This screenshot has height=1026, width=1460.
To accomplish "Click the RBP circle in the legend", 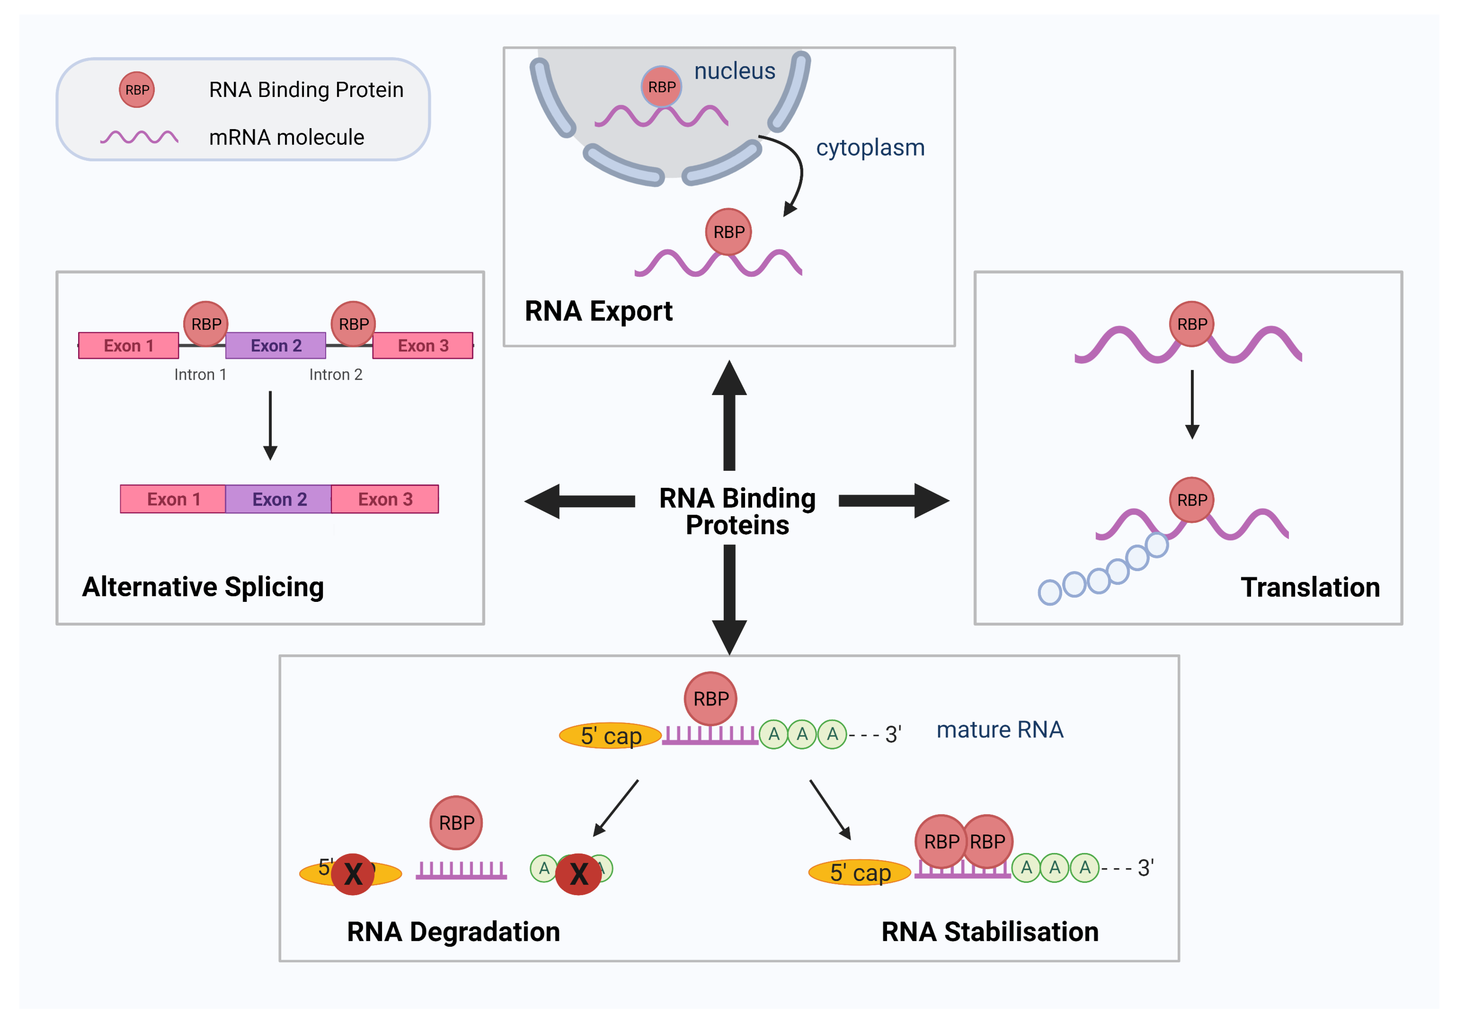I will (137, 90).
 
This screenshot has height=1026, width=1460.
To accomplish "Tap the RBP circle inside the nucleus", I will (661, 87).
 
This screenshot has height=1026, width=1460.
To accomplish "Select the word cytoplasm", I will (870, 147).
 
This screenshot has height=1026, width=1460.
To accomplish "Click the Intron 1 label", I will (200, 374).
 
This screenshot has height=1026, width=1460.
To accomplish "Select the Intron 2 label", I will (336, 374).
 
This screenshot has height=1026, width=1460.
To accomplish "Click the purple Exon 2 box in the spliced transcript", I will (279, 499).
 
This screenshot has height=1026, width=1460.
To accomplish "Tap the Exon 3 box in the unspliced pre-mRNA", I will (423, 345).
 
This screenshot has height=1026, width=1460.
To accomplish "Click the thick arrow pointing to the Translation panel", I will (893, 501).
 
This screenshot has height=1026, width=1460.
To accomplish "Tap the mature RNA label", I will (1000, 730).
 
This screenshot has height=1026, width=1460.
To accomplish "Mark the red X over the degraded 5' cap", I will (353, 874).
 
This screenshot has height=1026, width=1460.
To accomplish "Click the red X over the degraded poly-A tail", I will (578, 874).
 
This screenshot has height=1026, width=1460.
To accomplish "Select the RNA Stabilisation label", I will (989, 932).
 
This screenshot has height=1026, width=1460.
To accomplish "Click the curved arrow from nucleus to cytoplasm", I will (795, 172).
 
